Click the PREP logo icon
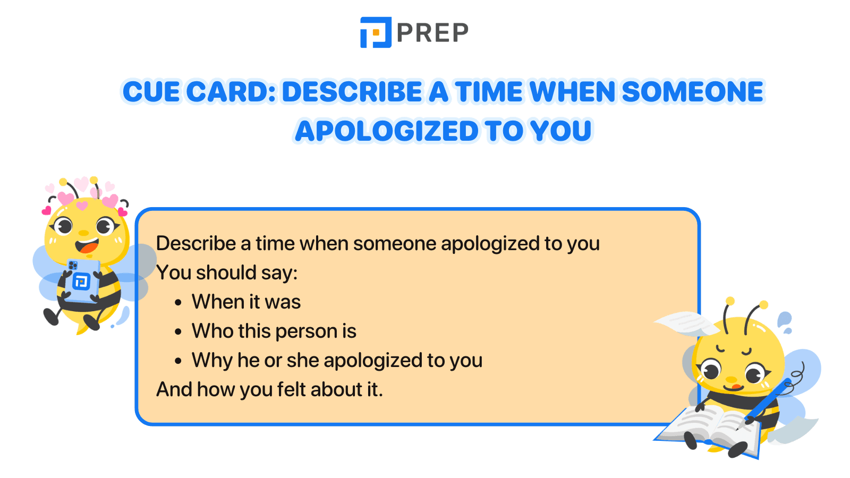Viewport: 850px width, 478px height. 376,32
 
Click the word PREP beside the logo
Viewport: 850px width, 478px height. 432,33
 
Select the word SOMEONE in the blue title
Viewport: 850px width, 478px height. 692,92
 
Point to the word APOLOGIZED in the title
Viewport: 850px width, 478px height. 387,131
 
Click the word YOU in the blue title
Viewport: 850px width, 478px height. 561,131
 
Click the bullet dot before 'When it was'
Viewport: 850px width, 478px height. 178,303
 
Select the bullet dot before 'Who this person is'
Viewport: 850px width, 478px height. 178,332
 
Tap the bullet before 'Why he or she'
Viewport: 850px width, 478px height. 178,361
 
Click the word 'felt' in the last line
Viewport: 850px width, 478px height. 292,390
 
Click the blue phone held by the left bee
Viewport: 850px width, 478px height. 82,279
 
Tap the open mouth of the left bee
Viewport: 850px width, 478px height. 87,246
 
